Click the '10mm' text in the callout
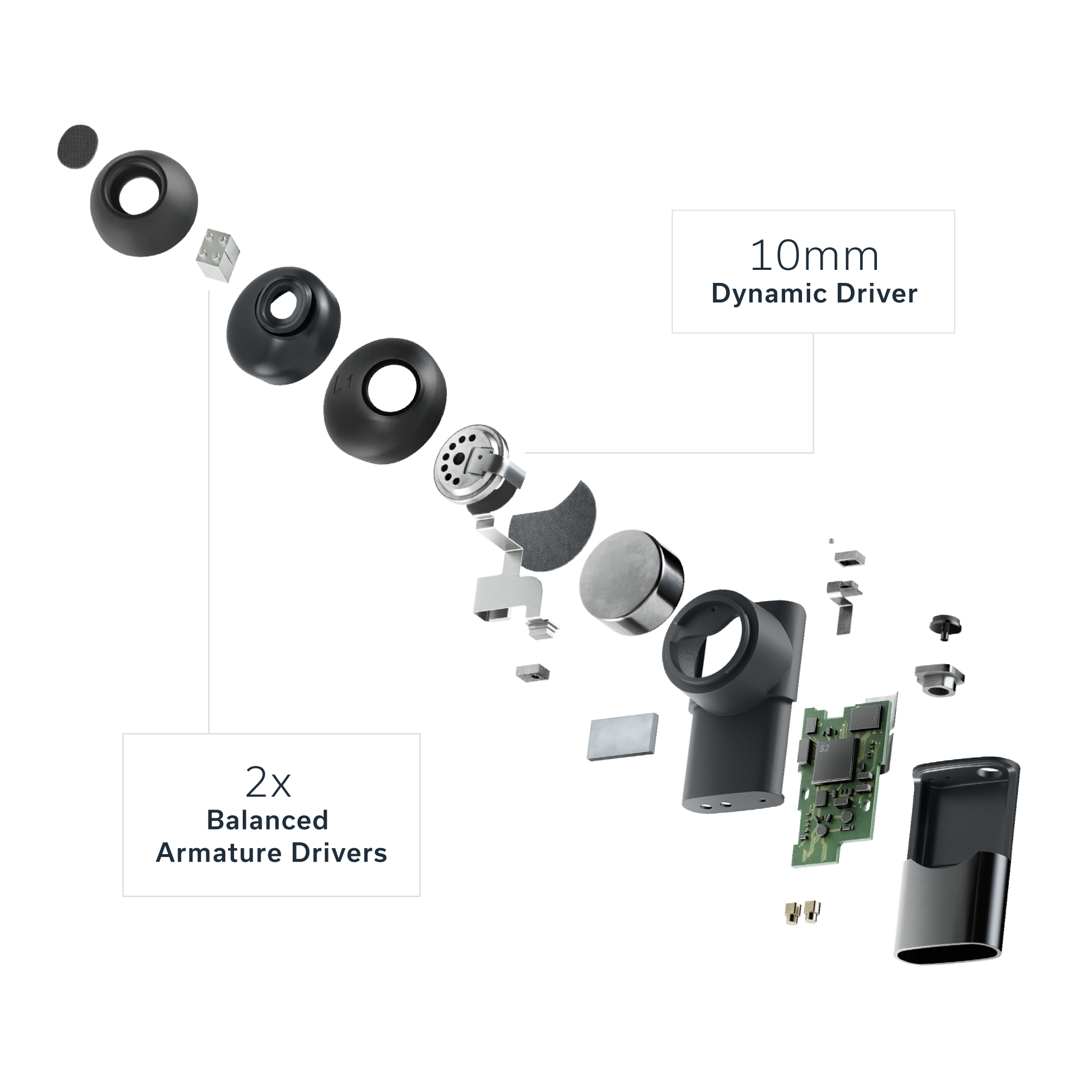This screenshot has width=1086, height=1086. point(813,256)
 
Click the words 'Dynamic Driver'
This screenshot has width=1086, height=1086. point(813,294)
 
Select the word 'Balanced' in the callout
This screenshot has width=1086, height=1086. point(268,820)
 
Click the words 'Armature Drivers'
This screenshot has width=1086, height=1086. point(271,853)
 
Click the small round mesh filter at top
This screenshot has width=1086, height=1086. point(77,146)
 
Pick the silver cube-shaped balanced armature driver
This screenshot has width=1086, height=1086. point(218,249)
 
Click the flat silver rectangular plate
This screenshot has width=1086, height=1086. point(623,736)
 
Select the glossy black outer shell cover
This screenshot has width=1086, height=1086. point(956,860)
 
